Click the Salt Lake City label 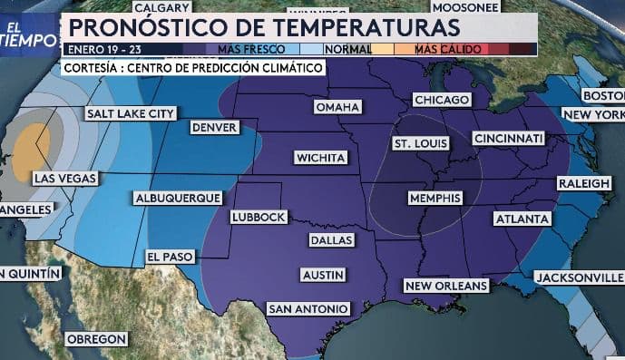[x=131, y=113]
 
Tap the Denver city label [x=215, y=128]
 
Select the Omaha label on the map [x=337, y=107]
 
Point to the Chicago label [x=441, y=99]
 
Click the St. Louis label [x=420, y=144]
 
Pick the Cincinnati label [x=507, y=138]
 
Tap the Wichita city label [x=321, y=158]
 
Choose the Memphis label [x=435, y=198]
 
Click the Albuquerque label [x=177, y=198]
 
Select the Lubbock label [x=259, y=217]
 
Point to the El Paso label [x=170, y=257]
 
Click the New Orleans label [x=446, y=286]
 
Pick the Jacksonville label [x=578, y=277]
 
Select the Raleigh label [x=583, y=183]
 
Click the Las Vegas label [x=64, y=179]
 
